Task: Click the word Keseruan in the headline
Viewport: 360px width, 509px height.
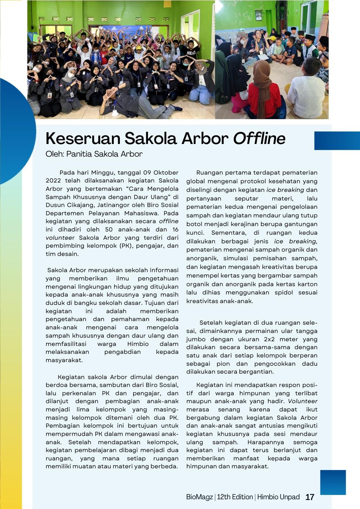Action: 83,139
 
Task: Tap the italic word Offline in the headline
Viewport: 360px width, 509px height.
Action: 259,139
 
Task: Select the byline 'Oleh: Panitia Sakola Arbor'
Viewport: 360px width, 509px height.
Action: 94,154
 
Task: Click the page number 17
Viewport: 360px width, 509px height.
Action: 310,497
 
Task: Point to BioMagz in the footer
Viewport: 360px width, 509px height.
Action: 199,497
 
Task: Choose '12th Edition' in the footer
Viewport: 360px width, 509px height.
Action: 235,497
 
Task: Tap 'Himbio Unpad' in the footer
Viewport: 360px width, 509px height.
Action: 278,497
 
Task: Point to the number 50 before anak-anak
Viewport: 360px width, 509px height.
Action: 109,230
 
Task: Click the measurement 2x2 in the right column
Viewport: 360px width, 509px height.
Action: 269,339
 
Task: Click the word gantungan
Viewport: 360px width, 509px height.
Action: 300,224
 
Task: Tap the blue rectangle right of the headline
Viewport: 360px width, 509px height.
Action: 337,140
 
